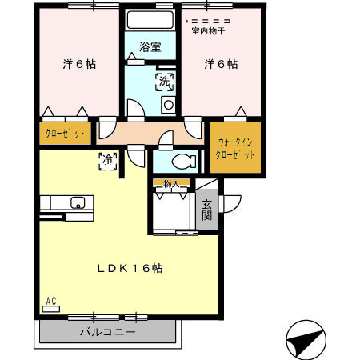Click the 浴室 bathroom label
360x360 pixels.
pos(150,47)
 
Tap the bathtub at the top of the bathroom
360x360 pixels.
pos(150,20)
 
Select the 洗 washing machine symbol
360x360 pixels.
pos(165,82)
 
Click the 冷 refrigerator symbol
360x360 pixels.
pos(108,161)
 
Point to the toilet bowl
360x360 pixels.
pos(183,162)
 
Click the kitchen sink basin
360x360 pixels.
pos(78,202)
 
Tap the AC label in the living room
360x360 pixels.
pos(51,301)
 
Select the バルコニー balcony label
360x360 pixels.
pos(108,332)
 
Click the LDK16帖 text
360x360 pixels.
pos(130,268)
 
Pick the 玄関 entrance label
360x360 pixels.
pos(206,210)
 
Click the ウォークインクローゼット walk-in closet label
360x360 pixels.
pos(235,149)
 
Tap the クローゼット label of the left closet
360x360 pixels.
pos(66,133)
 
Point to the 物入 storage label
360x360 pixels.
pos(171,183)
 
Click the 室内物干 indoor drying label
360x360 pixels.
pos(208,31)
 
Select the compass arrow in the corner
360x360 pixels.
pos(306,340)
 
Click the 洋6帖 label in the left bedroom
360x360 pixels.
pos(79,64)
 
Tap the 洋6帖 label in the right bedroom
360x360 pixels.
pos(221,64)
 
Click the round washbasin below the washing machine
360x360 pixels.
pos(169,105)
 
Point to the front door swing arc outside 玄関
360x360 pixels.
pos(234,206)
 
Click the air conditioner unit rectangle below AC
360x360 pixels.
pos(51,309)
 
